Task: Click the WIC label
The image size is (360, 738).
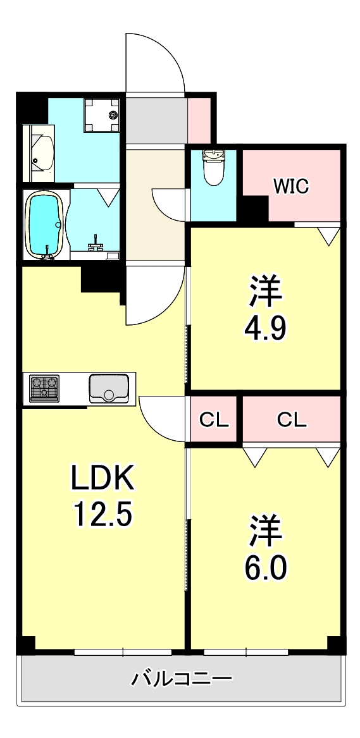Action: pos(290,186)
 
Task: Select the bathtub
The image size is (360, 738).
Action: pos(43,224)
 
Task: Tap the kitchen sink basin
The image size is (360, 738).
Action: pos(109,388)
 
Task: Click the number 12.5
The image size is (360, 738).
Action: pos(102,515)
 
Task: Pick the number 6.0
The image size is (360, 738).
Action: pos(265,567)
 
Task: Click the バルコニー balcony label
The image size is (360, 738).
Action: pos(182,680)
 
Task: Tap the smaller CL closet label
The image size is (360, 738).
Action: pos(214,419)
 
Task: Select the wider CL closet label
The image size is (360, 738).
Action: pos(292,419)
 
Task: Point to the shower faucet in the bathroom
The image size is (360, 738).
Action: pos(97,243)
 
